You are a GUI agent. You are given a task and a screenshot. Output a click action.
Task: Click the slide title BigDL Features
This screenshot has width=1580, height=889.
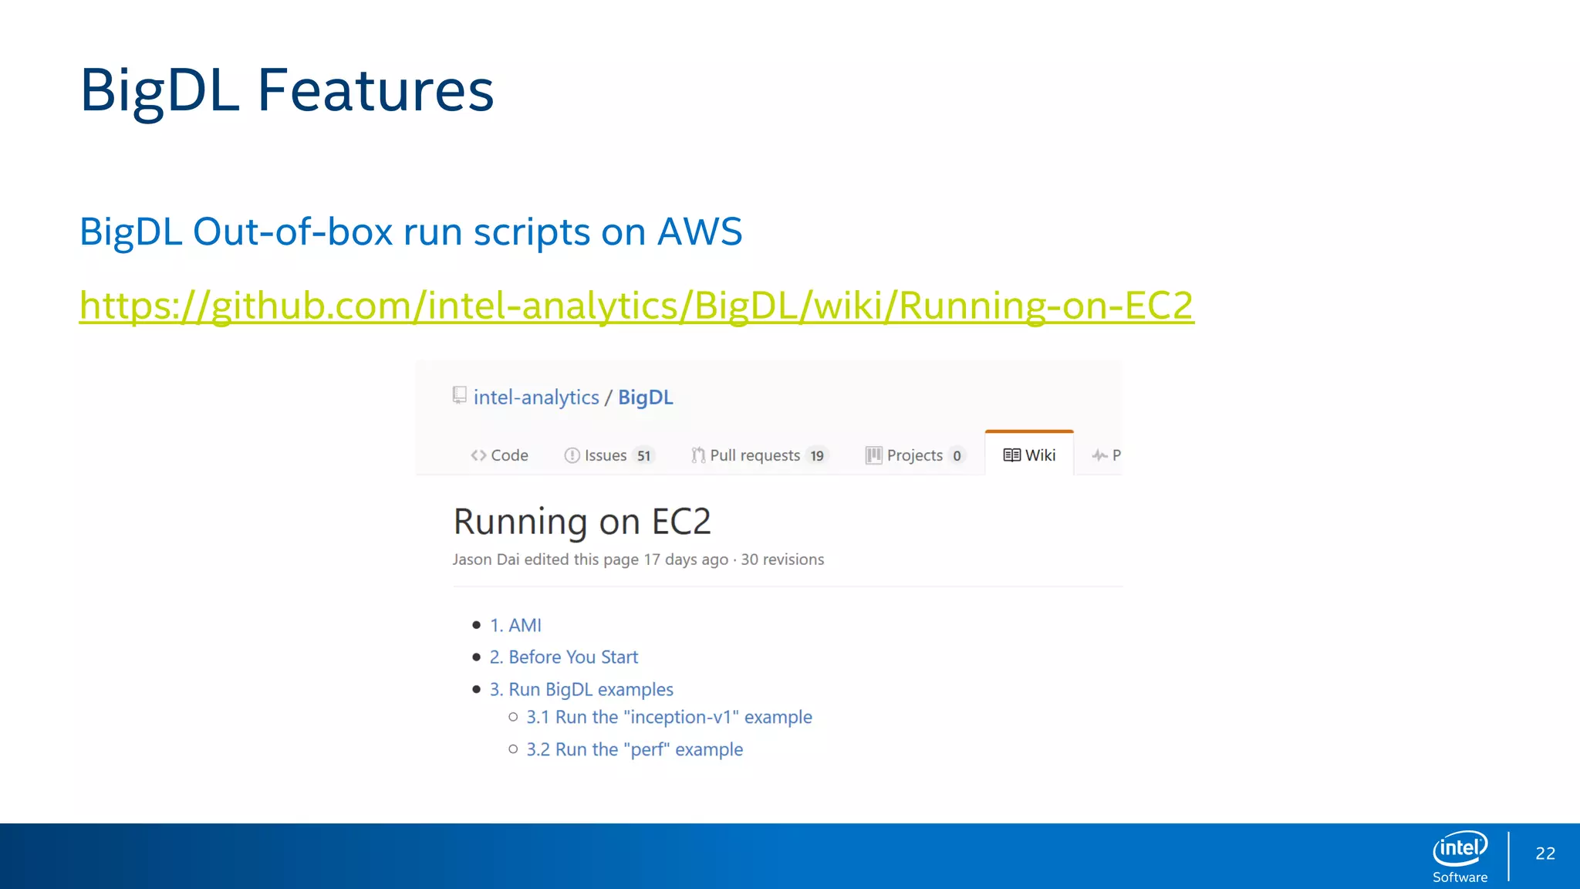coord(286,91)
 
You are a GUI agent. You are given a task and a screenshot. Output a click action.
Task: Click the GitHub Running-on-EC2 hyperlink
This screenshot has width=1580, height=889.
coord(636,306)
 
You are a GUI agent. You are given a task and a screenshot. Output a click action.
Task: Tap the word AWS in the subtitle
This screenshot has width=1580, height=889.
coord(699,232)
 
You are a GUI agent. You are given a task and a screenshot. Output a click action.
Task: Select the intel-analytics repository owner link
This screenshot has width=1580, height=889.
coord(535,397)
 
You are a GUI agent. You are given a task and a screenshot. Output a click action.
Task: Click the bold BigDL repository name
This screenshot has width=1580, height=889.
coord(645,397)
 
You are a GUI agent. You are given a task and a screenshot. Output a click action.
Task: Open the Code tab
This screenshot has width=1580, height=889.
coord(500,455)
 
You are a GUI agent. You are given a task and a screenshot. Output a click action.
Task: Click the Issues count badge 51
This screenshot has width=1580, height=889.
coord(643,456)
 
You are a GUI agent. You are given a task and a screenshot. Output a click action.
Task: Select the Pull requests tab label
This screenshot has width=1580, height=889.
coord(754,455)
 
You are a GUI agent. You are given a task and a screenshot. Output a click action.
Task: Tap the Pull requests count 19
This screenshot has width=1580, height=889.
coord(816,456)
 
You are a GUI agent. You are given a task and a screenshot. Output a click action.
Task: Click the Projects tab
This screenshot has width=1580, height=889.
coord(913,455)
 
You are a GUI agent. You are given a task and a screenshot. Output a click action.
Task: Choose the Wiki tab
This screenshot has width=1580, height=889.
coord(1029,455)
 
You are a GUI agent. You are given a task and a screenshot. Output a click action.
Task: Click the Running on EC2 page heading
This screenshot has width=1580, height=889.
coord(582,522)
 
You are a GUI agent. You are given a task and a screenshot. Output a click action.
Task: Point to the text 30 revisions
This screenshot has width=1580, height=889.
coord(782,559)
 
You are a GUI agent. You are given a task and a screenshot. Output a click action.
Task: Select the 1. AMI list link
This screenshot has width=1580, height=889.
coord(515,625)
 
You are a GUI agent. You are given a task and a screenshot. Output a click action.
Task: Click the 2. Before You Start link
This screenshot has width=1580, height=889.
coord(563,657)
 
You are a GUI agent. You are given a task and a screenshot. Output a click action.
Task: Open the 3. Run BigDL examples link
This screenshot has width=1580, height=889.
coord(581,689)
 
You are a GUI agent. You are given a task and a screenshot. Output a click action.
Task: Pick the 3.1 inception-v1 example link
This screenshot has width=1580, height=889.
coord(668,718)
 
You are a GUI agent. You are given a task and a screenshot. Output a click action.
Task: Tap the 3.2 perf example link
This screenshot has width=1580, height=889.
coord(634,750)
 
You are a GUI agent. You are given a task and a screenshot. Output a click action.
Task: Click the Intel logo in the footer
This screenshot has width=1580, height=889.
coord(1460,849)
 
